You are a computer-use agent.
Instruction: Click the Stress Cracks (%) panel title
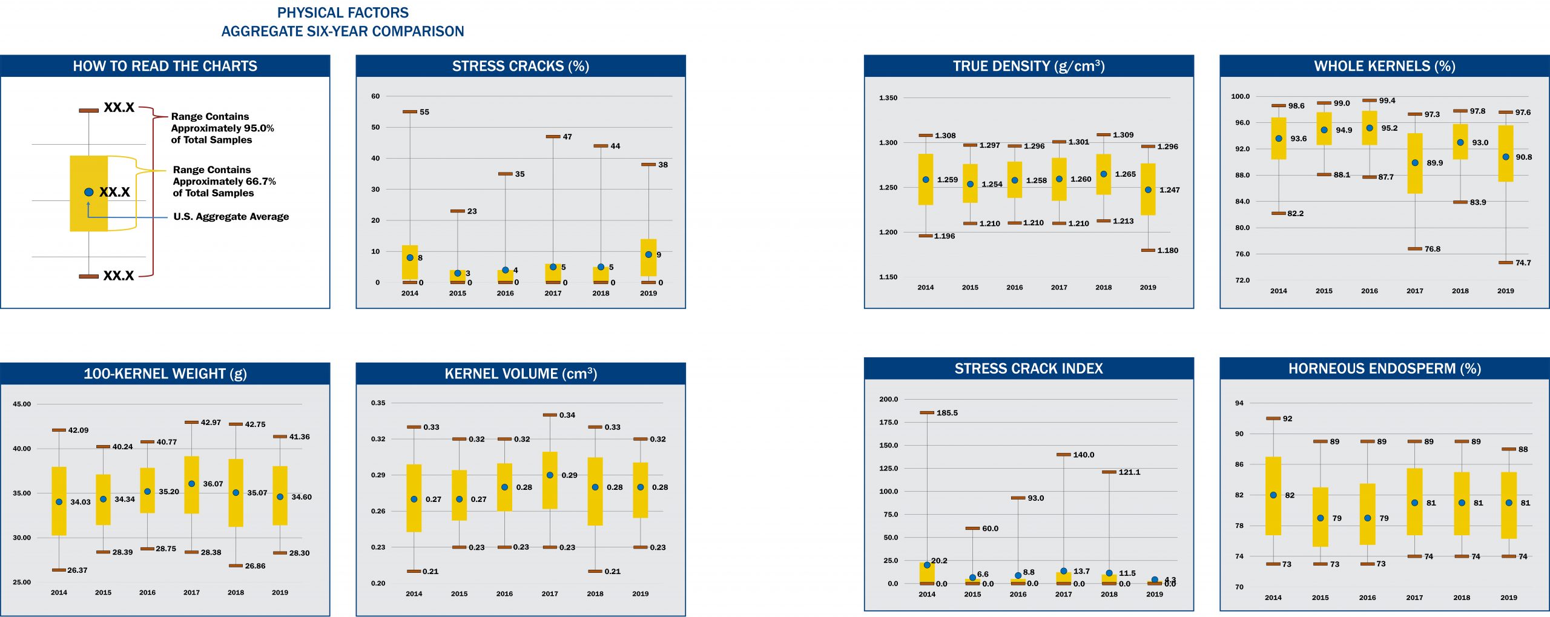click(520, 66)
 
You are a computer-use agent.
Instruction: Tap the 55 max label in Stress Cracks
click(424, 112)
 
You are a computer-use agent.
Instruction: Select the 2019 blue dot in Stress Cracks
click(648, 255)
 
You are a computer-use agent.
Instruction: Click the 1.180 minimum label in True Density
click(1167, 251)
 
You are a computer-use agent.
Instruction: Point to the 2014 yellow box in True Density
click(925, 179)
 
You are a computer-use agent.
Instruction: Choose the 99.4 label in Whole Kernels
click(1387, 101)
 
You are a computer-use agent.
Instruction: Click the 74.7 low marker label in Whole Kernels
click(1523, 263)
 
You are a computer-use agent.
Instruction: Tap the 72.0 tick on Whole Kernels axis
click(1242, 280)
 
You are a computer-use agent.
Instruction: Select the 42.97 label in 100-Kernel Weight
click(211, 423)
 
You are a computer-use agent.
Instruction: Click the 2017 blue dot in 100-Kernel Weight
click(191, 484)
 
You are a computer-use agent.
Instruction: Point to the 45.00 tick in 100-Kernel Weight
click(22, 404)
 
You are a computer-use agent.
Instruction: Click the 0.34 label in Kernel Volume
click(567, 415)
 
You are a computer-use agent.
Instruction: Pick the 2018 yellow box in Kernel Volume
click(595, 491)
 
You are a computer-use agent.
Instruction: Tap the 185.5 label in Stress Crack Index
click(947, 413)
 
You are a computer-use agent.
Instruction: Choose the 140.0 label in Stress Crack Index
click(1083, 455)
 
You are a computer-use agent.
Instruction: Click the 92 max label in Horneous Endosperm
click(1287, 418)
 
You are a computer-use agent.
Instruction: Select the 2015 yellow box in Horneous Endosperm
click(1321, 517)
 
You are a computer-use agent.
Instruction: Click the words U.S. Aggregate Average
click(231, 217)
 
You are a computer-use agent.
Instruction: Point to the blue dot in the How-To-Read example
click(89, 192)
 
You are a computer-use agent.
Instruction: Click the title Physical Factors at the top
click(343, 13)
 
